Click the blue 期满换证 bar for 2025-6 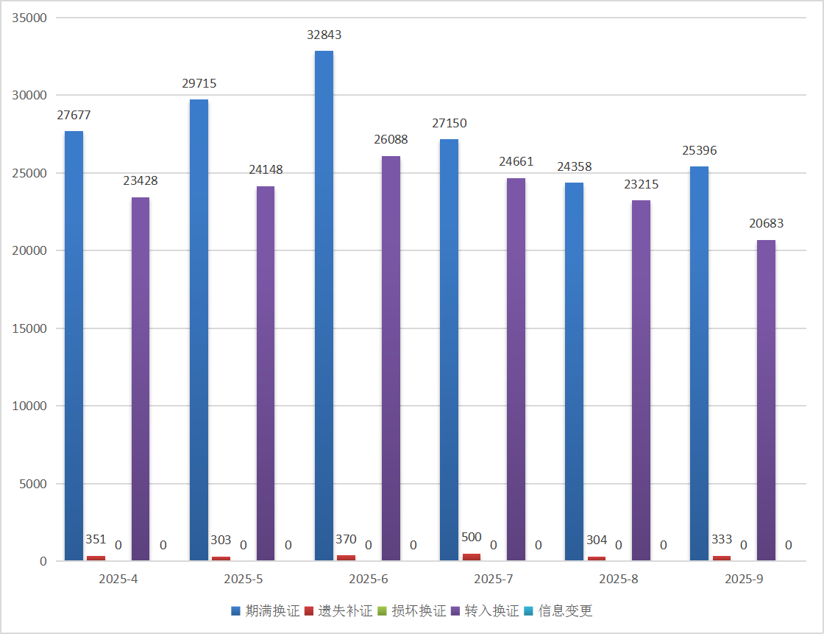click(324, 306)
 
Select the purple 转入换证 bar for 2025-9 click(766, 401)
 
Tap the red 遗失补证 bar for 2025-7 click(472, 557)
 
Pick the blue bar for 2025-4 click(74, 346)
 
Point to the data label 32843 click(324, 35)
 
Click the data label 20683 click(766, 224)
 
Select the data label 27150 click(450, 123)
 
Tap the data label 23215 click(641, 184)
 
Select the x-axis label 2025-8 click(619, 579)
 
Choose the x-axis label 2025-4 click(118, 579)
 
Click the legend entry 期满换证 click(266, 610)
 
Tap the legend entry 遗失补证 click(338, 610)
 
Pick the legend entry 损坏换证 click(411, 610)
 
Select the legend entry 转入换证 click(485, 610)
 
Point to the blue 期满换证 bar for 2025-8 click(575, 372)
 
